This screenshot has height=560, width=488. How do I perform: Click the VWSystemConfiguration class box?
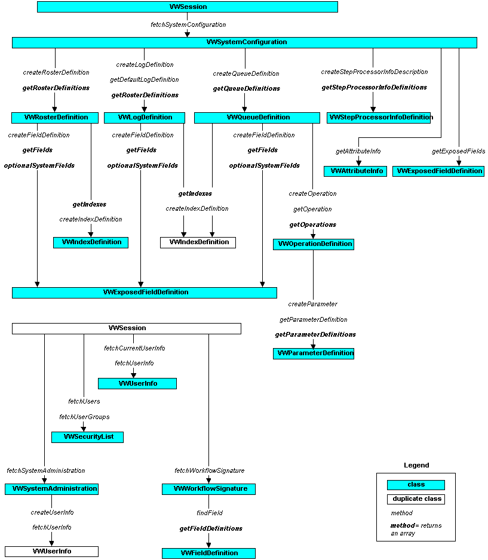point(244,42)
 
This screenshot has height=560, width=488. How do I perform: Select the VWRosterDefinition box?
point(54,118)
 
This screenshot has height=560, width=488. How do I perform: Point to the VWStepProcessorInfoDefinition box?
point(379,118)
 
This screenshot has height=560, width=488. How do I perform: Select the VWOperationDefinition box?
point(313,244)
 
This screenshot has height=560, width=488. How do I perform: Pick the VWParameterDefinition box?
point(314,353)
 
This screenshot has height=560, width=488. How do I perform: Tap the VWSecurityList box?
point(87,437)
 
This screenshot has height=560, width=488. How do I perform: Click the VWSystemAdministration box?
point(51,489)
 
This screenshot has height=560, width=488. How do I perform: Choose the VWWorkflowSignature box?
point(208,489)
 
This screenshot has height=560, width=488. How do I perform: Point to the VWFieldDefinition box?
point(208,553)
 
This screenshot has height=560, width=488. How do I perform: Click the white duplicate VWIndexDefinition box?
point(198,242)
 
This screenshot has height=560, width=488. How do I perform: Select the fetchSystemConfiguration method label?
point(188,24)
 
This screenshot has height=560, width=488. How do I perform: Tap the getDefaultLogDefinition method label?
point(144,79)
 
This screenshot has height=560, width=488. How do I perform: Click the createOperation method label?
point(312,193)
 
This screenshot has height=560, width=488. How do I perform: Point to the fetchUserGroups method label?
point(84,416)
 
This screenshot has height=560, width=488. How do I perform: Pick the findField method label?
point(209,513)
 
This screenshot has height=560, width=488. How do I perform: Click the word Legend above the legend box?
point(416,465)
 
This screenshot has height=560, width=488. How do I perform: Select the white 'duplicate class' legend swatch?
point(416,499)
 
